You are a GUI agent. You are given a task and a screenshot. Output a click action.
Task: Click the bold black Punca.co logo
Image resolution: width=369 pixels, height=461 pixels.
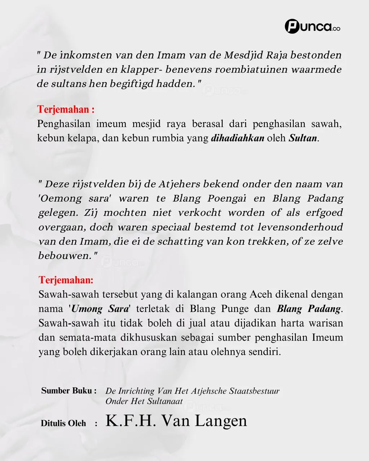click(312, 27)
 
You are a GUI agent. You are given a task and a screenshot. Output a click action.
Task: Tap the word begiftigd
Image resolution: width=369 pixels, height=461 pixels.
click(135, 84)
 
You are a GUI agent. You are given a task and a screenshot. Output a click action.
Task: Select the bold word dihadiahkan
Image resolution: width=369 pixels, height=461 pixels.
click(237, 138)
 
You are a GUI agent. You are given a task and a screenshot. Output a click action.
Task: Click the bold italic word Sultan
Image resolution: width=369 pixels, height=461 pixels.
click(303, 138)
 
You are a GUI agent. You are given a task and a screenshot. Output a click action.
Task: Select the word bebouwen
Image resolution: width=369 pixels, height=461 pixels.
click(65, 256)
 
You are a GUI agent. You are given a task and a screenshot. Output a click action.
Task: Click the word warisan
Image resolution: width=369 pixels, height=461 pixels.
click(326, 323)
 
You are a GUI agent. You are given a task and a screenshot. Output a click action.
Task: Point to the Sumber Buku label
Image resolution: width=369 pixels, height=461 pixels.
click(69, 391)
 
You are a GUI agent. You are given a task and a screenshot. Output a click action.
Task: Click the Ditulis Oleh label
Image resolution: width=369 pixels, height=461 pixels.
click(63, 424)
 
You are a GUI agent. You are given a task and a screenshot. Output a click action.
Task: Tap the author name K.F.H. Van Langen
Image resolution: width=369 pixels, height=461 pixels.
click(176, 421)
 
